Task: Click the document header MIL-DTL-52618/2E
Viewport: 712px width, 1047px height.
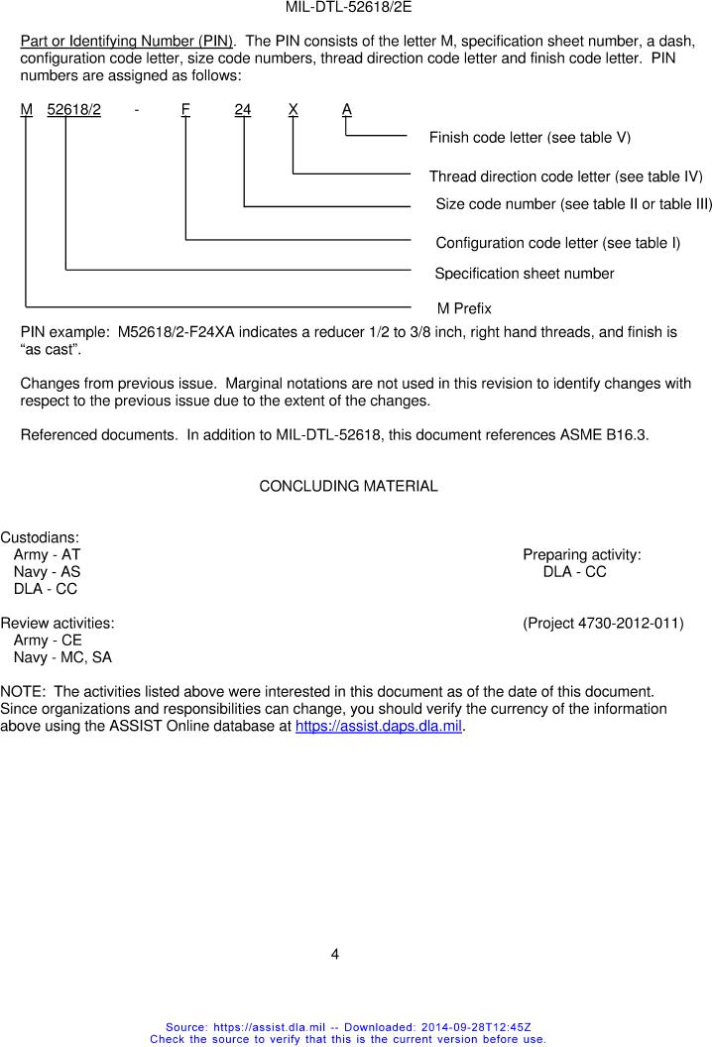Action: coord(348,7)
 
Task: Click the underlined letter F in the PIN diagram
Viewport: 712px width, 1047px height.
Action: coord(185,110)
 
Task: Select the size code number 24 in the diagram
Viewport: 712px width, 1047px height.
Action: coord(243,110)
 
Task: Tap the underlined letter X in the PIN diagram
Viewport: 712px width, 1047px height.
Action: coord(294,110)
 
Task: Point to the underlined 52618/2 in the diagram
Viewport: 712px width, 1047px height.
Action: coord(73,110)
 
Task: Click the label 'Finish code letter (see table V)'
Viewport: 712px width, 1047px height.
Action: coord(530,137)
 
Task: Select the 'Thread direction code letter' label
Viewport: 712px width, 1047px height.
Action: coord(565,176)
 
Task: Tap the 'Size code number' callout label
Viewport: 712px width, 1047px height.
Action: coord(573,204)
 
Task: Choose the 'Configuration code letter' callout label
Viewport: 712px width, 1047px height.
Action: coord(557,243)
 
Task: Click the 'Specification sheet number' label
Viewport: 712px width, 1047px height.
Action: coord(525,274)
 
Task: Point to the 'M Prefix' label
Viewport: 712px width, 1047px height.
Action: coord(464,308)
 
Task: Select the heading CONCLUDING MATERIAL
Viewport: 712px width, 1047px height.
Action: coord(348,486)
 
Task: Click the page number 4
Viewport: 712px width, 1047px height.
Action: coord(335,955)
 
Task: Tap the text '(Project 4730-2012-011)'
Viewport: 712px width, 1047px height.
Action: coord(603,624)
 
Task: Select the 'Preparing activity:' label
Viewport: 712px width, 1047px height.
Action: coord(581,554)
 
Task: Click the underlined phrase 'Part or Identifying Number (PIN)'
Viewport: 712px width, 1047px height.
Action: coord(126,42)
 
